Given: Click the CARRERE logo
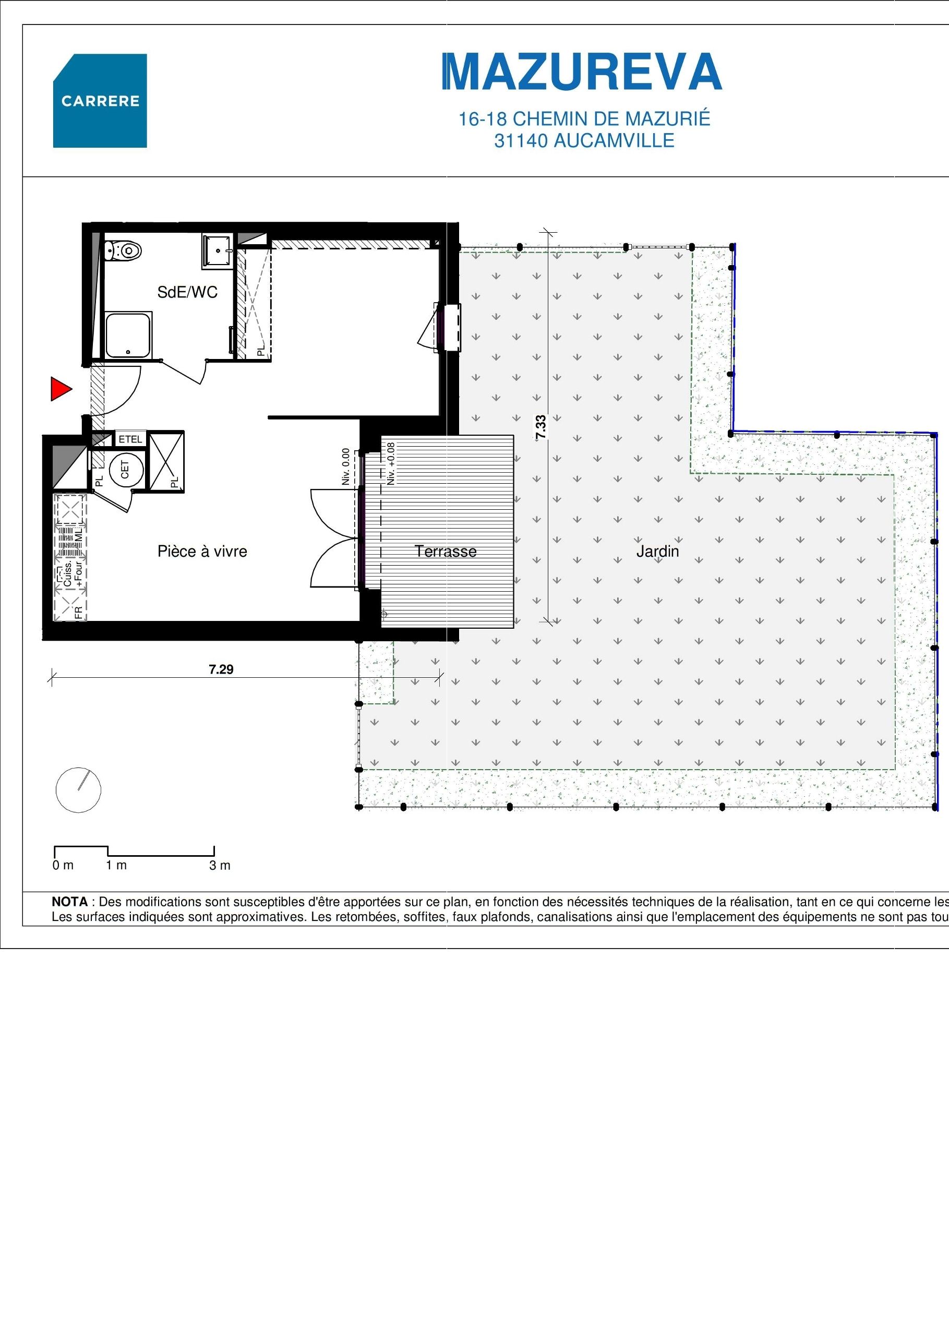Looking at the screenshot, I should [x=100, y=101].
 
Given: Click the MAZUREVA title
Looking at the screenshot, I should [x=582, y=73].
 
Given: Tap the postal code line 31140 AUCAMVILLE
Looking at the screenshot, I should [x=584, y=141].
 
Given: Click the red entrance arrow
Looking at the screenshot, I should [x=60, y=389].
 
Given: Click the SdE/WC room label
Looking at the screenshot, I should [x=187, y=292].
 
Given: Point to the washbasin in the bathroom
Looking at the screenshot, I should [x=218, y=251].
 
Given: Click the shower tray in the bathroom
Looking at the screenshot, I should [x=128, y=335].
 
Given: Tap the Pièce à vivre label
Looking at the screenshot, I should [x=202, y=551].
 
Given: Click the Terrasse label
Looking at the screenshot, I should [x=446, y=551].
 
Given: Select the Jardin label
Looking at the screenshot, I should [x=657, y=551].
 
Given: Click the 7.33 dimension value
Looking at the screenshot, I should [x=540, y=427].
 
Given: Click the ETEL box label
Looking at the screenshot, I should [x=130, y=439].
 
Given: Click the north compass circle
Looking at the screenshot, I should [x=78, y=789].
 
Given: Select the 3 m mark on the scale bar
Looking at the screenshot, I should [x=220, y=866].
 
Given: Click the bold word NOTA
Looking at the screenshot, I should [x=69, y=903].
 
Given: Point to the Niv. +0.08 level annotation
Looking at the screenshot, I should [x=391, y=463].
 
